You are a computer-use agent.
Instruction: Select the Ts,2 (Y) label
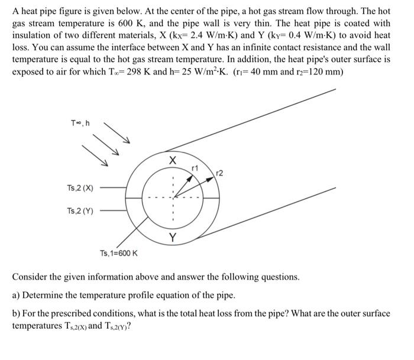click(x=80, y=210)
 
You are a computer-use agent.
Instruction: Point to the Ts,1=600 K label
click(x=119, y=254)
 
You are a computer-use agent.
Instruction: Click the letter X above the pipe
click(x=172, y=160)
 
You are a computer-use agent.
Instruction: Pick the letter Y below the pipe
click(x=172, y=238)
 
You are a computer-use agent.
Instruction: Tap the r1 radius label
click(x=194, y=168)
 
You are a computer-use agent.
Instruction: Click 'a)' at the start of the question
click(x=17, y=294)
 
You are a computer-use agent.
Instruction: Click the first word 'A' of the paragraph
click(x=16, y=11)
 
